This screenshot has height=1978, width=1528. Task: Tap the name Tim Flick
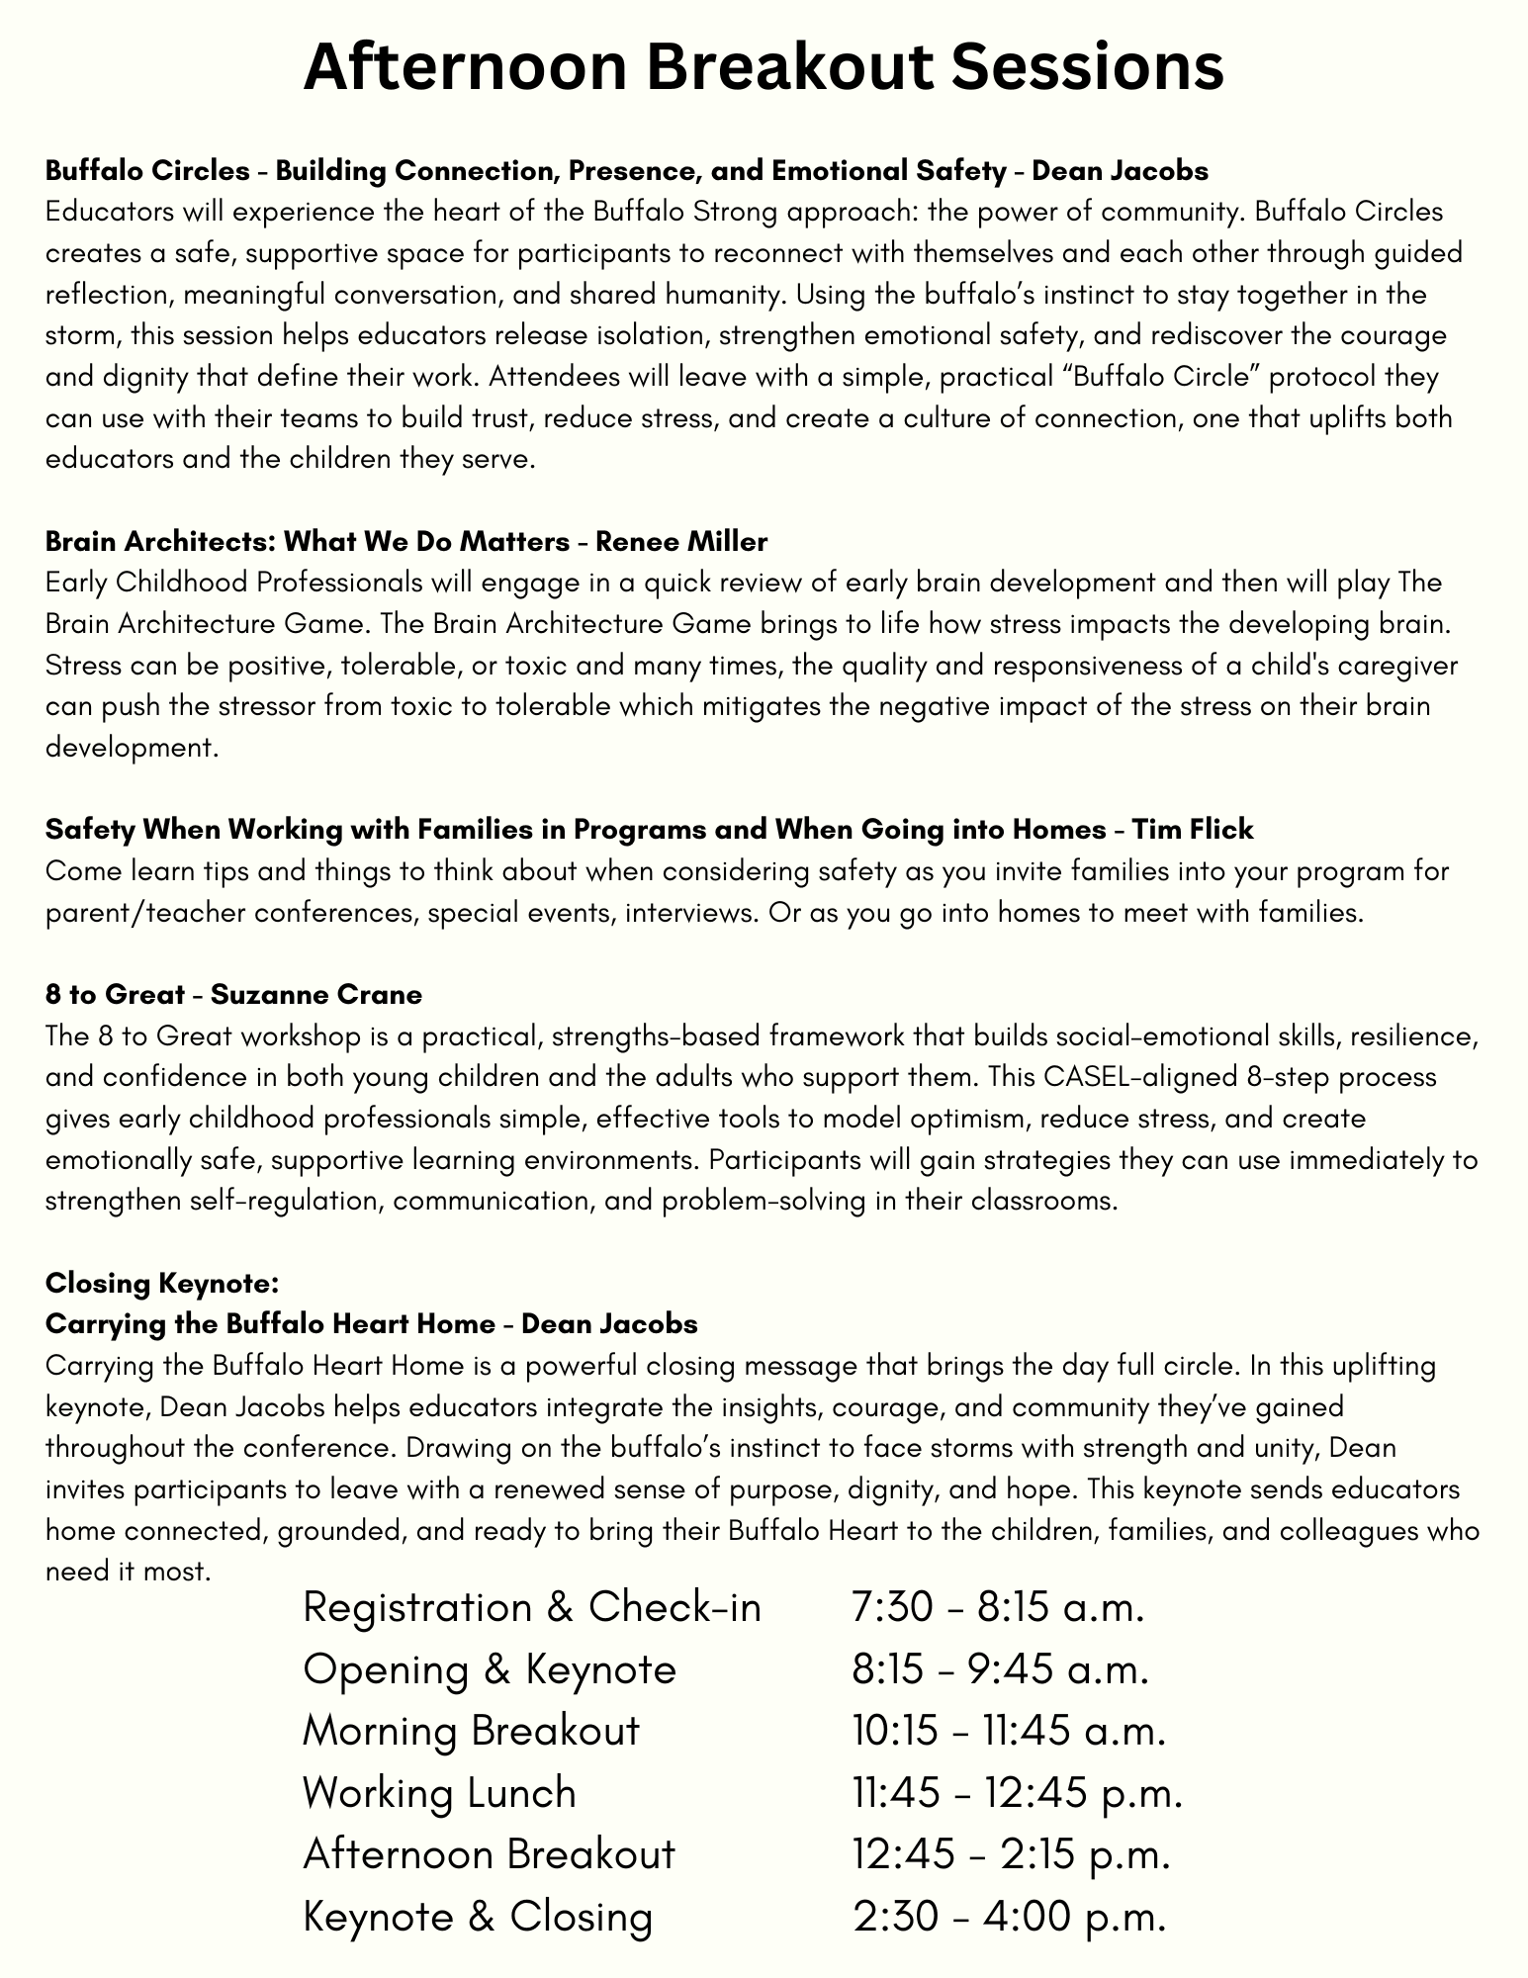click(x=1192, y=830)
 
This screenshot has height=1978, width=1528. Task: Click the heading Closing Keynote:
click(x=163, y=1284)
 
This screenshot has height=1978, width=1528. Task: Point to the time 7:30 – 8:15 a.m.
click(x=998, y=1609)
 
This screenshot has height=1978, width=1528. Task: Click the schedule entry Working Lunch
click(x=439, y=1793)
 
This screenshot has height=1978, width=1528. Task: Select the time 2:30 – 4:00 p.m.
click(x=1010, y=1917)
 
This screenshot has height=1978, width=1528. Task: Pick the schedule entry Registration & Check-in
click(x=532, y=1609)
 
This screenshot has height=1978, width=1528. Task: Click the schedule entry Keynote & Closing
click(x=478, y=1917)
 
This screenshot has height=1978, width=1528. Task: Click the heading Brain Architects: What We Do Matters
click(x=308, y=542)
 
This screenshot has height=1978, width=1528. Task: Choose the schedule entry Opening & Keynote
click(x=490, y=1670)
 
